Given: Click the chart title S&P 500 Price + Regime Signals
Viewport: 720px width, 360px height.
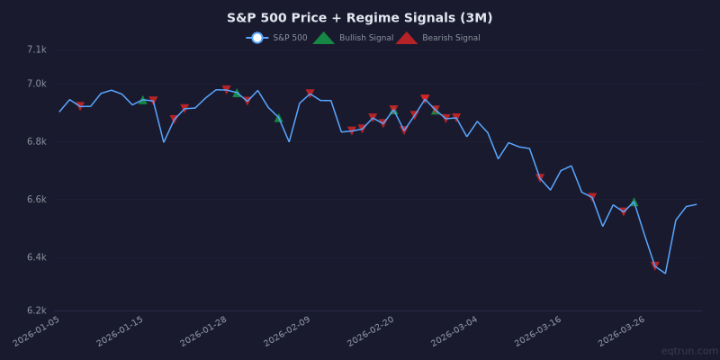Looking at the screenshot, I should [x=359, y=18].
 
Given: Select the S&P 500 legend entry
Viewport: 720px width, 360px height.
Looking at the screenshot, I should [x=278, y=38].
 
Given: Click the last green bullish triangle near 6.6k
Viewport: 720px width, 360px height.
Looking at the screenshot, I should [x=634, y=202].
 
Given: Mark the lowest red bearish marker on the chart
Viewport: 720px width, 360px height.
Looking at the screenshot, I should [x=655, y=265].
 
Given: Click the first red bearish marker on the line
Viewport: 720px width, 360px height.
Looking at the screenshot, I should [x=80, y=106].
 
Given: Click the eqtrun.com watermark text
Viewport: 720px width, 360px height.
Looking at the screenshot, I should [x=688, y=351].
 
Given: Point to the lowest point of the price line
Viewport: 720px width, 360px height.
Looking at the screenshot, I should [x=665, y=273].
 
